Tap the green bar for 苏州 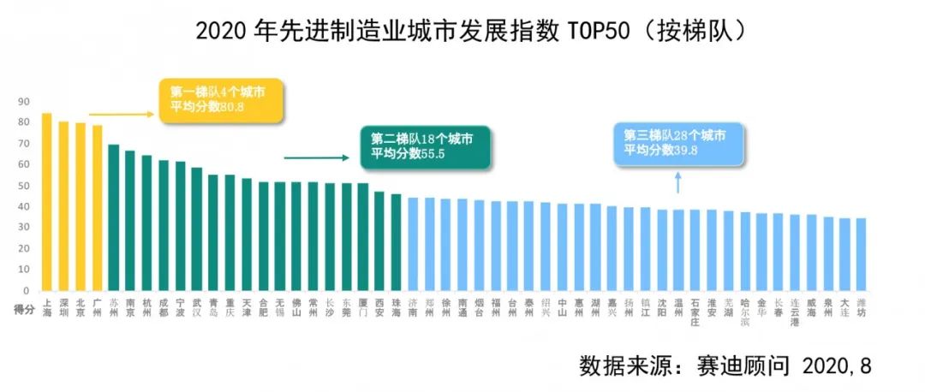113,217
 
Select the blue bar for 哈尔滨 745,252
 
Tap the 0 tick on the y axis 26,291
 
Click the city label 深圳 63,307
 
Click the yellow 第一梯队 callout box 222,101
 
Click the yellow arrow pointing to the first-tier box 121,113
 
